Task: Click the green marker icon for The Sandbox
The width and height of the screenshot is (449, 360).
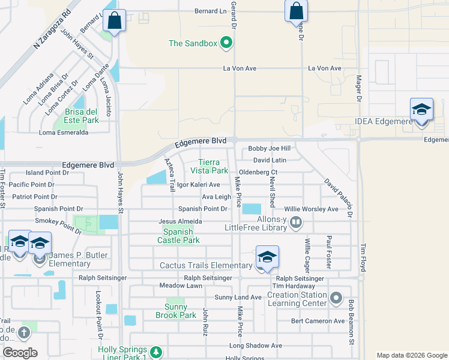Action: [x=226, y=43]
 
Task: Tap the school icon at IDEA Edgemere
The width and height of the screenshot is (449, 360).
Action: [x=421, y=110]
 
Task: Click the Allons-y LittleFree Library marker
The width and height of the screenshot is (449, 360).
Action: [x=295, y=223]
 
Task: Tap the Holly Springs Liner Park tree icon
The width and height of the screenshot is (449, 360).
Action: [x=155, y=351]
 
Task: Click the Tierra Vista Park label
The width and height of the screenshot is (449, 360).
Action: [x=214, y=166]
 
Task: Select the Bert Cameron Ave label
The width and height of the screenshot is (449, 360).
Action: [x=318, y=321]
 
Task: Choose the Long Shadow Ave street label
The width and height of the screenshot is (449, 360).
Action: [x=256, y=346]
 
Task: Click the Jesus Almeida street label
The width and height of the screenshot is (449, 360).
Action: [x=180, y=221]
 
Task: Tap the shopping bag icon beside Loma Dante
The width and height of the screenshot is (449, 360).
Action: [x=114, y=21]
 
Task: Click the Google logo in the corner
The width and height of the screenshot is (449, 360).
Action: [x=20, y=353]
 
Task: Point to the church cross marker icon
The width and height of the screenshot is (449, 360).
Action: [x=24, y=332]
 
